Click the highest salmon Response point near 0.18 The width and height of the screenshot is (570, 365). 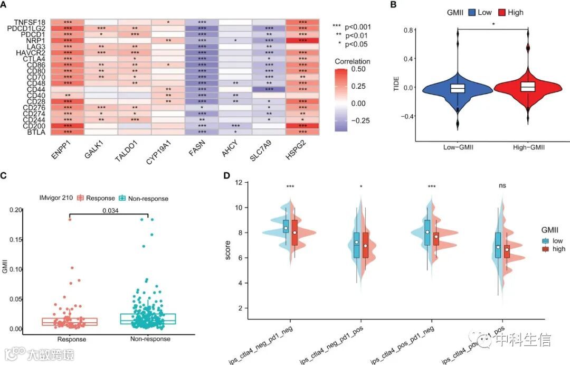click(70, 219)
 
